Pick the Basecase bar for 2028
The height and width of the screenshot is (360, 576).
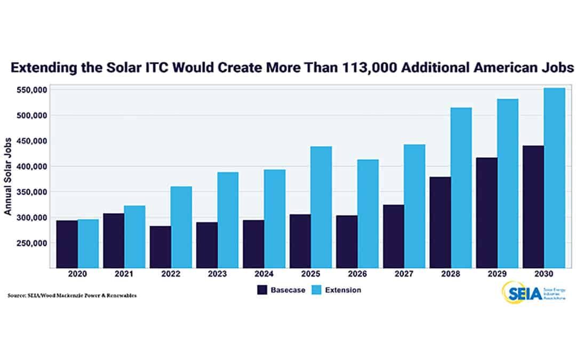440,222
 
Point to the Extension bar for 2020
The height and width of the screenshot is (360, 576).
88,243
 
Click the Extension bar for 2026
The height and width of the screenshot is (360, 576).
368,213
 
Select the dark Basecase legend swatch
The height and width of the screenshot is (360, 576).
262,290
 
